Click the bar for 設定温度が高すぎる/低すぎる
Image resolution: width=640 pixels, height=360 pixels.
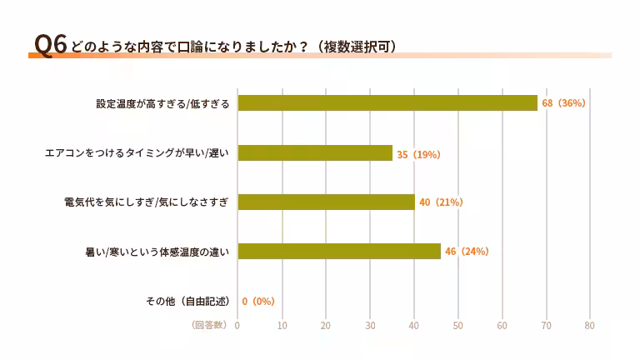coord(387,102)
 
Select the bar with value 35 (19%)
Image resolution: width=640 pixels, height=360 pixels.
coord(315,153)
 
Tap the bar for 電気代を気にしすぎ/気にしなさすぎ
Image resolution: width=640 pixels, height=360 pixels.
coord(326,202)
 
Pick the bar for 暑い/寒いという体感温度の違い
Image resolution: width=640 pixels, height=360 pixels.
coord(339,251)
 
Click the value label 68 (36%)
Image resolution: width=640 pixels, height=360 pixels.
coord(564,103)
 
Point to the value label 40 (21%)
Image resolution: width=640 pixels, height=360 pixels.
coord(441,202)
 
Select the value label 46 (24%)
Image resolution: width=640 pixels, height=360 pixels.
coord(467,251)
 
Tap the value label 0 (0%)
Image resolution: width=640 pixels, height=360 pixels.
coord(258,301)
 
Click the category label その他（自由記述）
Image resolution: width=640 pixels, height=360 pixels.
coord(187,301)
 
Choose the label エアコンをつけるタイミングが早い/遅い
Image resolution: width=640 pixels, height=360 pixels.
coord(137,154)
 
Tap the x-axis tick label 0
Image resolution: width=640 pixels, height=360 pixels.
coord(237,325)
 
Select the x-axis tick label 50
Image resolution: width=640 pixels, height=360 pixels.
coord(457,325)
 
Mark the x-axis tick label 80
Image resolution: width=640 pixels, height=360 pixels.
coord(590,325)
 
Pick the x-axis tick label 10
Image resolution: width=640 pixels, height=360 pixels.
coord(282,325)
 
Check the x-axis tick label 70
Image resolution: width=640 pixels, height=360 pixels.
coord(546,325)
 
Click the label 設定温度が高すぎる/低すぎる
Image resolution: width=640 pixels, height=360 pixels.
coord(162,104)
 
